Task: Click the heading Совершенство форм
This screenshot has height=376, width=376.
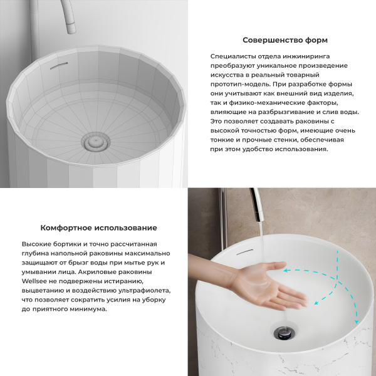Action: tap(285, 40)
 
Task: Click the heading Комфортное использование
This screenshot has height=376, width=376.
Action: tap(98, 227)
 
